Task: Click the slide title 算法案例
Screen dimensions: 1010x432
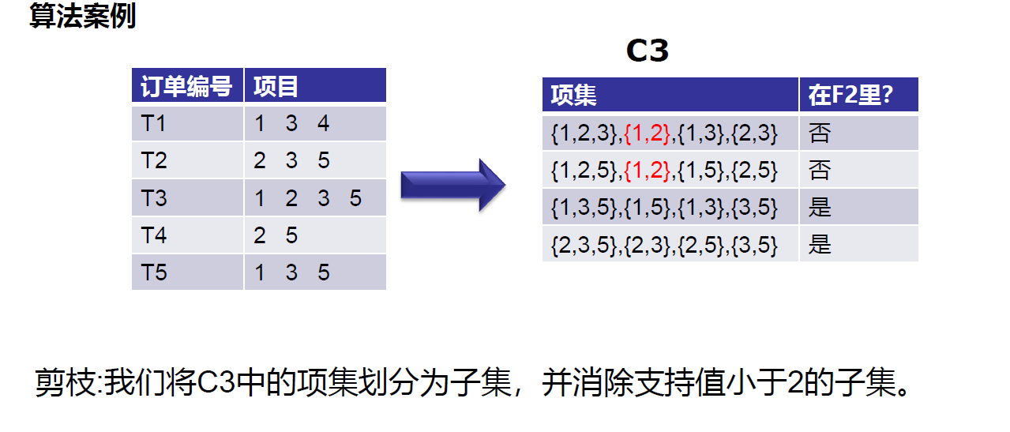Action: pyautogui.click(x=82, y=17)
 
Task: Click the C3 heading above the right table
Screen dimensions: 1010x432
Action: pyautogui.click(x=647, y=51)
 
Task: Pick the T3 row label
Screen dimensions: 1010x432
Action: pyautogui.click(x=154, y=198)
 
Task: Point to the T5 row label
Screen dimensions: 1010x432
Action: pyautogui.click(x=154, y=272)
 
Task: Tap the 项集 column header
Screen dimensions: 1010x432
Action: pyautogui.click(x=573, y=96)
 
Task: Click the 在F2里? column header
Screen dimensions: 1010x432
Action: pyautogui.click(x=850, y=96)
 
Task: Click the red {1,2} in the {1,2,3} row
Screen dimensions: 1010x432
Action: pyautogui.click(x=648, y=133)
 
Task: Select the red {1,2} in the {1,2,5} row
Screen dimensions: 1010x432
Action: pyautogui.click(x=648, y=171)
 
